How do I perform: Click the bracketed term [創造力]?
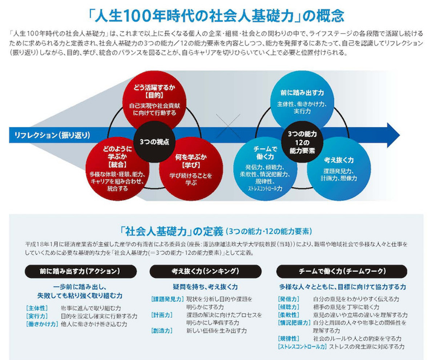[x=162, y=331]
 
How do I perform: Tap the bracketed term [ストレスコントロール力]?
[x=302, y=347]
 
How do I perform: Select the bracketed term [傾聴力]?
[x=288, y=307]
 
